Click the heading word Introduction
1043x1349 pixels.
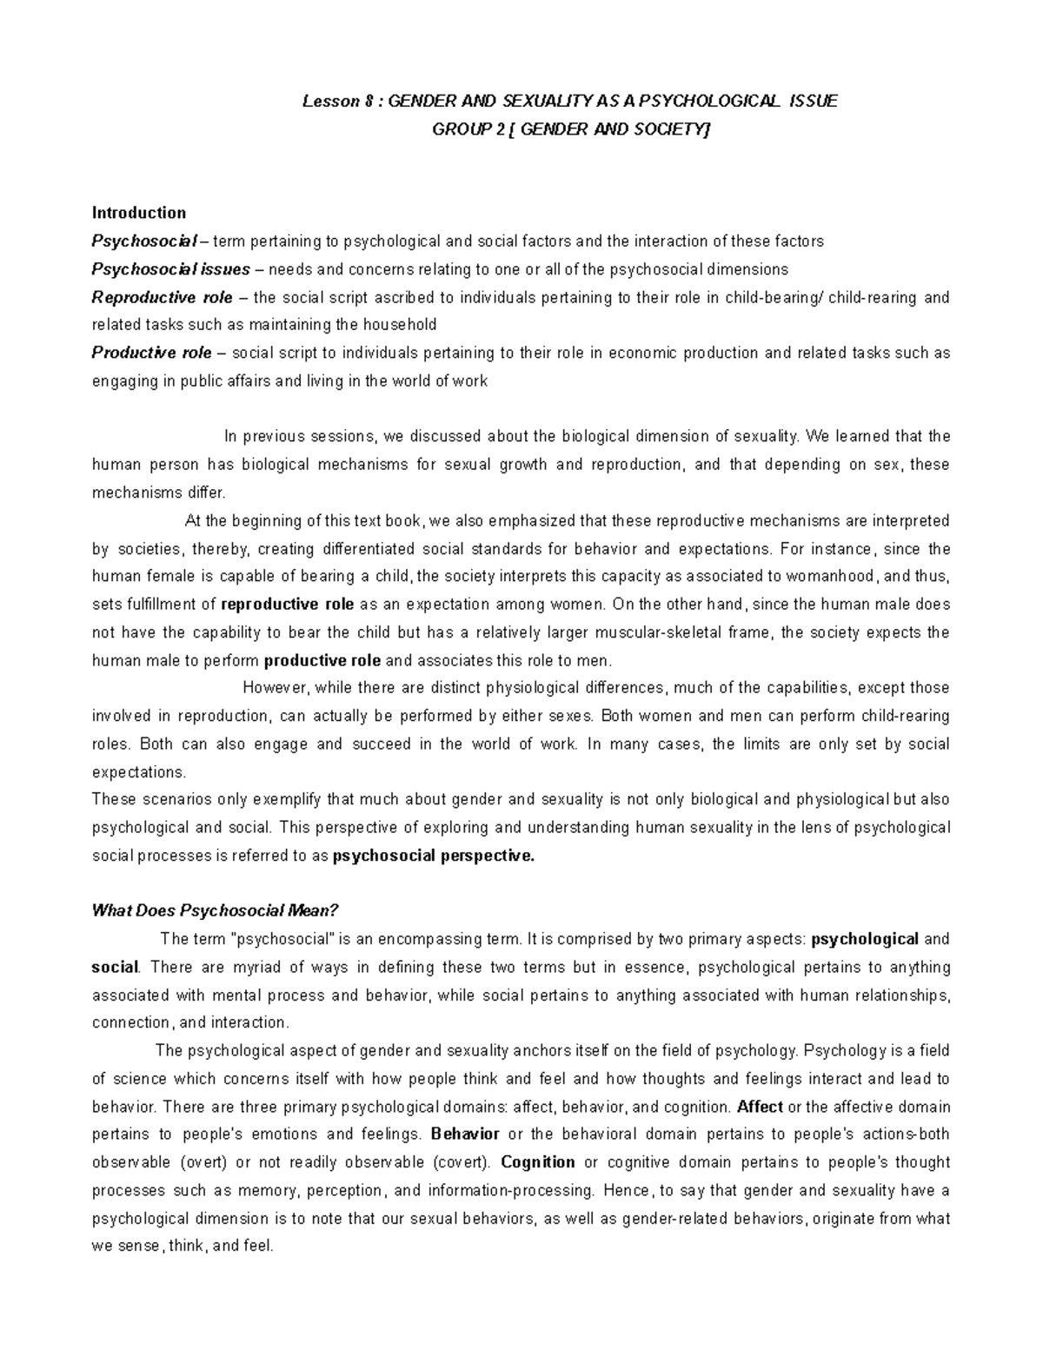(x=139, y=213)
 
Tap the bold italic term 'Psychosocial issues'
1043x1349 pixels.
(x=170, y=269)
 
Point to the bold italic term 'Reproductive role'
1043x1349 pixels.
(x=162, y=298)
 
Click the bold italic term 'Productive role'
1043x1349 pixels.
(x=151, y=353)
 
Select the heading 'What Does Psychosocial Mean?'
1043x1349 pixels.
(x=214, y=911)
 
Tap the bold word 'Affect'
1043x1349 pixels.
(x=759, y=1107)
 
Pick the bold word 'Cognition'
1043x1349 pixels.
(x=538, y=1162)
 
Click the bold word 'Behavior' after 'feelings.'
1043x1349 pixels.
(x=465, y=1134)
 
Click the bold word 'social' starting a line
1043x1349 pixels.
(x=115, y=967)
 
